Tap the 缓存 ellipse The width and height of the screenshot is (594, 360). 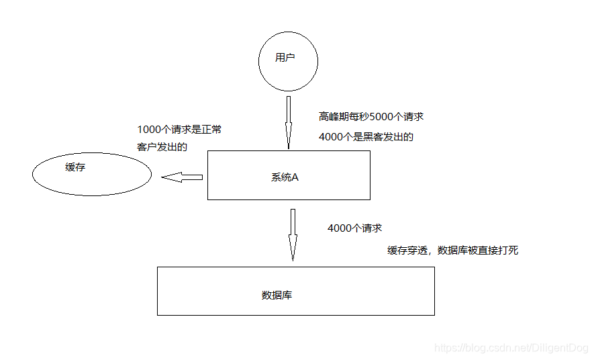point(92,175)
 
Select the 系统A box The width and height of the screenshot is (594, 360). point(289,175)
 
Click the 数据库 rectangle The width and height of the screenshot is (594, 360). point(295,291)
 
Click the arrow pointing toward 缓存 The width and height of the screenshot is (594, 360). point(182,177)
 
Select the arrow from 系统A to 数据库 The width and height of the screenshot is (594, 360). point(293,234)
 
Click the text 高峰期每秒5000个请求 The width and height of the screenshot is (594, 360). point(371,116)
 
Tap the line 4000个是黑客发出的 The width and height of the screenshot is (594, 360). point(366,137)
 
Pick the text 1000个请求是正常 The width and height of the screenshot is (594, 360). point(179,130)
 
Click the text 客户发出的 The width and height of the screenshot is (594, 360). point(162,146)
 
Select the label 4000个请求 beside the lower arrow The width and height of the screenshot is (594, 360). point(354,228)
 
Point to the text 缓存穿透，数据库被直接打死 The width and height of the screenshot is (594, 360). point(453,251)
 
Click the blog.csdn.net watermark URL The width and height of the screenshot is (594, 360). point(511,347)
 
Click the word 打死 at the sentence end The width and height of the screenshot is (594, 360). point(508,251)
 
